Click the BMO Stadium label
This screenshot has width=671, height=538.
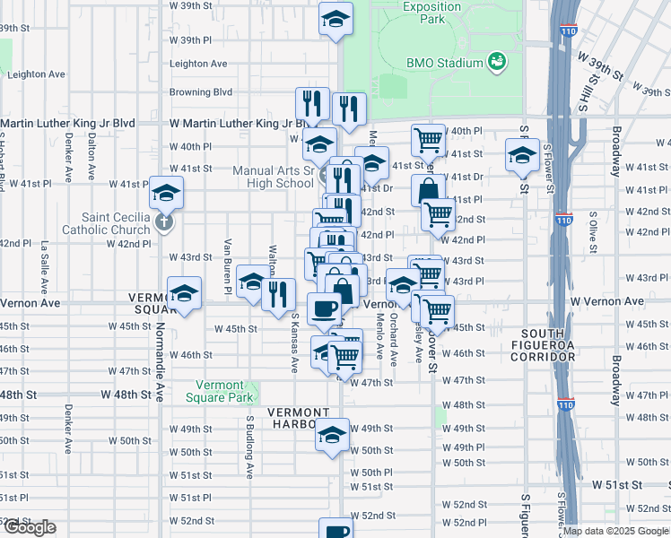click(444, 63)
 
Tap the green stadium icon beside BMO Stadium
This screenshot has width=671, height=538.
click(495, 62)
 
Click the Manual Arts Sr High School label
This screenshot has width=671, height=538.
click(273, 177)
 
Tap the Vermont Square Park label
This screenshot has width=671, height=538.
click(219, 391)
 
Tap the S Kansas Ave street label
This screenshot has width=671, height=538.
click(293, 343)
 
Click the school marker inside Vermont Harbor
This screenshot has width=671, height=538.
click(332, 435)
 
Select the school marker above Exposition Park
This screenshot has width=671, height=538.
click(335, 19)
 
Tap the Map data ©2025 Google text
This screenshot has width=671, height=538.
click(615, 531)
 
